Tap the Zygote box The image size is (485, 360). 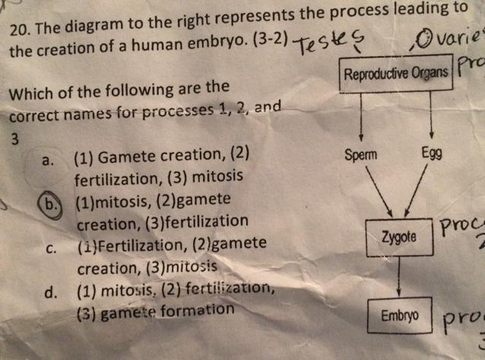[x=399, y=236]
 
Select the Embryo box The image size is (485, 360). [x=398, y=314]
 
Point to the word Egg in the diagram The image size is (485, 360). [x=430, y=150]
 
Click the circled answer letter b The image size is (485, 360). [x=51, y=204]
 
